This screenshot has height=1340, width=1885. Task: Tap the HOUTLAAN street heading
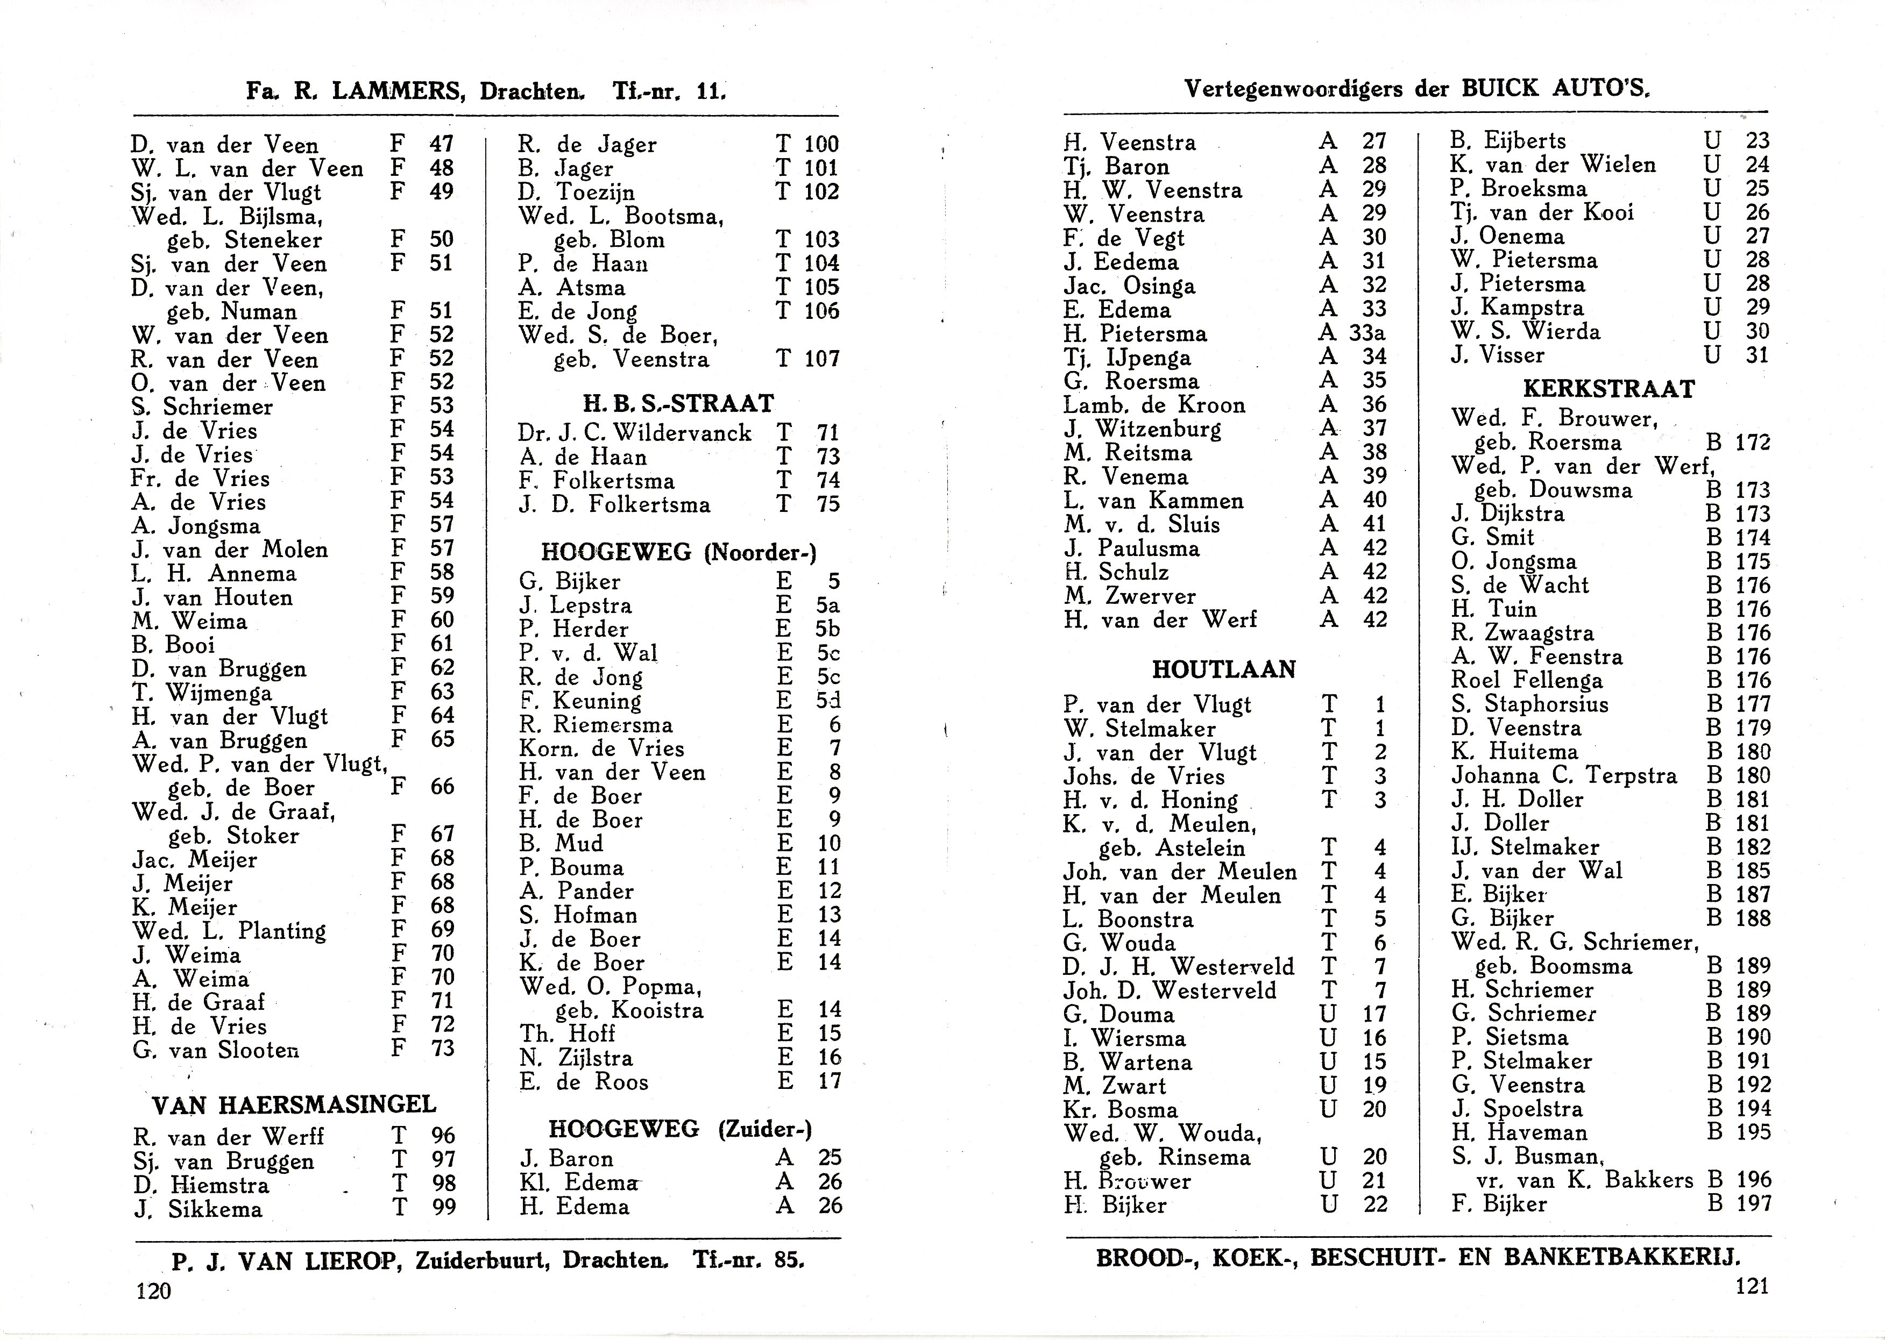pos(1223,669)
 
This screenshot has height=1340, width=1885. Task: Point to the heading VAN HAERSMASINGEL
pos(295,1104)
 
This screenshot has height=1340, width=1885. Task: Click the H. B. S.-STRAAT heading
pos(678,403)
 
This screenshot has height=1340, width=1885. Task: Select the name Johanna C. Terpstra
pos(1564,775)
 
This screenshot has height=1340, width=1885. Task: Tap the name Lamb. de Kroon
pos(1154,405)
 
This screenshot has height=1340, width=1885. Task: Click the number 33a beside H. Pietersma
pos(1367,332)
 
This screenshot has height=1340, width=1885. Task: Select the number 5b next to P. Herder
pos(827,629)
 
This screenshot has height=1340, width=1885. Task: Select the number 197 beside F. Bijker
pos(1753,1203)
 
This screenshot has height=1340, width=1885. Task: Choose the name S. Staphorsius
pos(1529,704)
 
